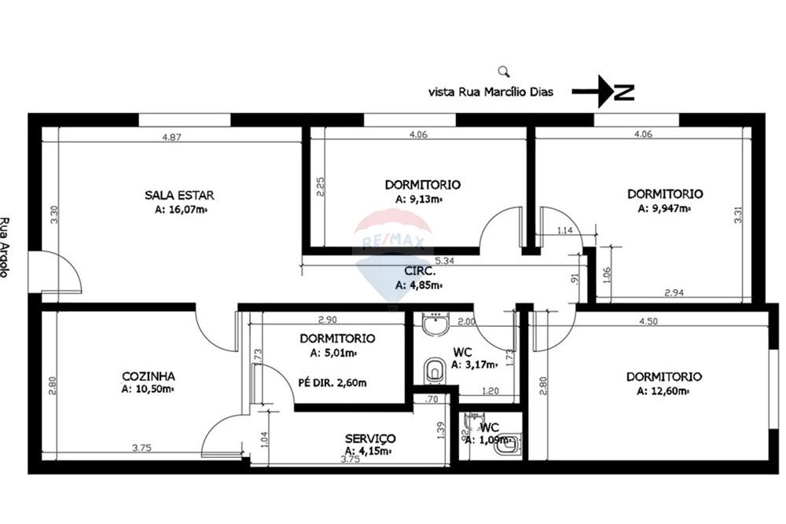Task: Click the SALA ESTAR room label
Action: point(179,195)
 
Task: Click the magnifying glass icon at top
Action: point(504,71)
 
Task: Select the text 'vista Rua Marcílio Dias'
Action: point(490,92)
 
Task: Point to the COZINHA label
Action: point(148,376)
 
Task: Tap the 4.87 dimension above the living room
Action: point(172,137)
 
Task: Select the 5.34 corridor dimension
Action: point(445,259)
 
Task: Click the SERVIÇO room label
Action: point(370,438)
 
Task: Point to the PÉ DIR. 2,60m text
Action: point(332,383)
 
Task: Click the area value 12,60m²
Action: point(663,390)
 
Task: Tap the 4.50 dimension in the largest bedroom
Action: point(648,321)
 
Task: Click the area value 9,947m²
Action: point(664,208)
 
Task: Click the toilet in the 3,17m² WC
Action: point(433,368)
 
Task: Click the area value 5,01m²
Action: point(337,353)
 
